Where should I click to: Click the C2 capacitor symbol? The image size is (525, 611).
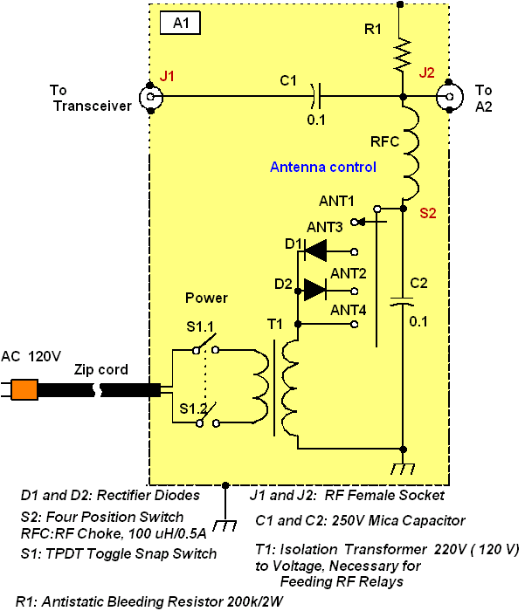[x=402, y=302]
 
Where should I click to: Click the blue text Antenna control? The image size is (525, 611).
[x=322, y=167]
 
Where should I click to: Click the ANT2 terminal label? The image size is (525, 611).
[x=348, y=272]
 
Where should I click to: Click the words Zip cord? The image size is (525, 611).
[x=102, y=370]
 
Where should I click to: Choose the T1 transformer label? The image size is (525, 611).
[x=276, y=325]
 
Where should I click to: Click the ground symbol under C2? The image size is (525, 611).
[x=402, y=470]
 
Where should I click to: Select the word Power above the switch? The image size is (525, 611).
[x=206, y=299]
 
